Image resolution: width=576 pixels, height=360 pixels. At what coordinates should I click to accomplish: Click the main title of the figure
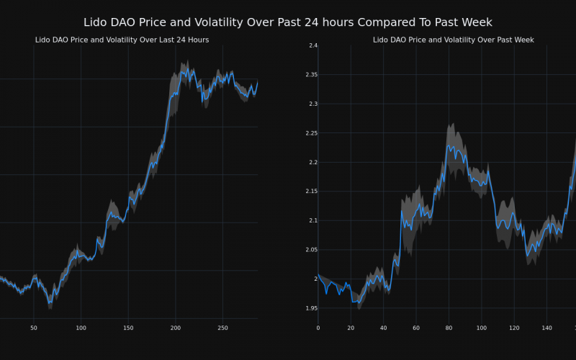pyautogui.click(x=288, y=22)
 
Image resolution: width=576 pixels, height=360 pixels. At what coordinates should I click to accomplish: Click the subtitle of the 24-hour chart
pyautogui.click(x=122, y=40)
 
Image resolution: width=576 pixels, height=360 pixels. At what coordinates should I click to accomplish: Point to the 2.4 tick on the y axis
pyautogui.click(x=312, y=46)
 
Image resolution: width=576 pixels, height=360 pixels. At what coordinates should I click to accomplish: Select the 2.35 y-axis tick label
pyautogui.click(x=310, y=75)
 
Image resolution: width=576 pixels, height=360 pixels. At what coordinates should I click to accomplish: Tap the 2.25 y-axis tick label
pyautogui.click(x=310, y=133)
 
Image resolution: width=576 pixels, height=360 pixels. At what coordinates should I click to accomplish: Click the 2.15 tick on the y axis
pyautogui.click(x=310, y=192)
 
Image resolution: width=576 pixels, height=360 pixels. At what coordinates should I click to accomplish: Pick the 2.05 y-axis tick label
pyautogui.click(x=310, y=250)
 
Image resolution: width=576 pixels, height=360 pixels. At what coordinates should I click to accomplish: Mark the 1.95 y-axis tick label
pyautogui.click(x=310, y=308)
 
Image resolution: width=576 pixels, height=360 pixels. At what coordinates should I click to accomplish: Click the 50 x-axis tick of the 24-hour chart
pyautogui.click(x=33, y=328)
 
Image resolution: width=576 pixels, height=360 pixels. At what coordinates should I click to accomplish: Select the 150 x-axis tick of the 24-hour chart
pyautogui.click(x=128, y=328)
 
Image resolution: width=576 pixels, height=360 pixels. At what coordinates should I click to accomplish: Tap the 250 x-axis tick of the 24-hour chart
pyautogui.click(x=222, y=328)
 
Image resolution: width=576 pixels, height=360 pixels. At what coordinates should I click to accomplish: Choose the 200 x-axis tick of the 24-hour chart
pyautogui.click(x=176, y=328)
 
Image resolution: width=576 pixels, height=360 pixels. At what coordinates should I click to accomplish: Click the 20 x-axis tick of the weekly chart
pyautogui.click(x=351, y=328)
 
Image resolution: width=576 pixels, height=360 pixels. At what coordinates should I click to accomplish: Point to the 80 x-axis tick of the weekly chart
pyautogui.click(x=449, y=328)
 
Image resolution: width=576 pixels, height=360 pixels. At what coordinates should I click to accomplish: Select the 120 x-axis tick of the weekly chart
pyautogui.click(x=514, y=328)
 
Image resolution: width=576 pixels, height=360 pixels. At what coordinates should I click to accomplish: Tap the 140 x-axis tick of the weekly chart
pyautogui.click(x=546, y=328)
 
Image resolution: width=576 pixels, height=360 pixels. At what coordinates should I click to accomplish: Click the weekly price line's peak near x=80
pyautogui.click(x=448, y=145)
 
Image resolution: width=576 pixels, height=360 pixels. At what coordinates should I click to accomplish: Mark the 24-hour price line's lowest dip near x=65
pyautogui.click(x=50, y=302)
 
